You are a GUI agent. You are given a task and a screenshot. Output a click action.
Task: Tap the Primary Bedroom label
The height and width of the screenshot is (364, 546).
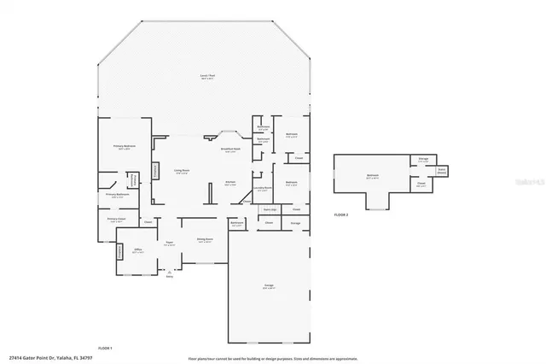click(x=125, y=147)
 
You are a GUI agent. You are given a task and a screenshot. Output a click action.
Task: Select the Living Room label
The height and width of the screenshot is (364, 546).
click(x=182, y=173)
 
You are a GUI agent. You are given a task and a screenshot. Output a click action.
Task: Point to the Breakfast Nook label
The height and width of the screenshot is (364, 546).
click(x=230, y=149)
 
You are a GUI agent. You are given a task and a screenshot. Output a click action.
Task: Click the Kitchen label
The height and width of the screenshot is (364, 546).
click(x=229, y=182)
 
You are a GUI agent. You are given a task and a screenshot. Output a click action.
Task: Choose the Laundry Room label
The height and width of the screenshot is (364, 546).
click(x=264, y=188)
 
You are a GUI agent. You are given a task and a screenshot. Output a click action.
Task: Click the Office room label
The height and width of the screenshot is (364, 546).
click(x=136, y=251)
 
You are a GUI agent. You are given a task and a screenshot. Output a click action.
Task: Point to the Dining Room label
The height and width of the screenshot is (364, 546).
click(x=205, y=240)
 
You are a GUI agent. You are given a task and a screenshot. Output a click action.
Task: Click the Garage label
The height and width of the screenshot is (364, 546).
click(x=268, y=287)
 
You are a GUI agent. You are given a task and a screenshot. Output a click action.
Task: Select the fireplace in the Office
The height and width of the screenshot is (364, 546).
click(x=119, y=252)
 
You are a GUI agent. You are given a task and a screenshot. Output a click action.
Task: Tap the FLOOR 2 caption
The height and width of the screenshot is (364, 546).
click(x=340, y=214)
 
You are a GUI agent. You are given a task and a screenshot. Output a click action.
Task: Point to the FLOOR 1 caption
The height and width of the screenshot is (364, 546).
click(x=105, y=348)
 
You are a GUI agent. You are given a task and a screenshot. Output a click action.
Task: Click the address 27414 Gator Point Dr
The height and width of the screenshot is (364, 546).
click(x=42, y=358)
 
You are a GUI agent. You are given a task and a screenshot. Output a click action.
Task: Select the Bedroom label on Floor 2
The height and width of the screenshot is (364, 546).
click(x=373, y=175)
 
